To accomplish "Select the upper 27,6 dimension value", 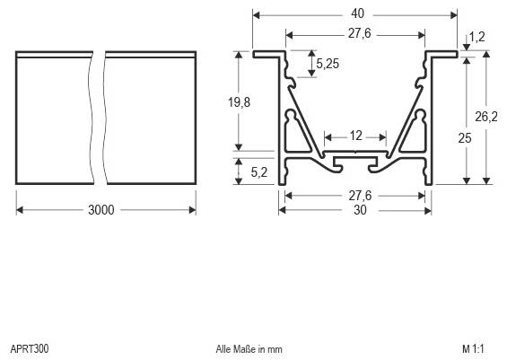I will coord(355,34).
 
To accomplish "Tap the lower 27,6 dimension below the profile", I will coord(355,194).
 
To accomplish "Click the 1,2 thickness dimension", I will coord(478,37).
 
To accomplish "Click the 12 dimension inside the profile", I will coord(355,136).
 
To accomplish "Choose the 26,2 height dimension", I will coord(485,116).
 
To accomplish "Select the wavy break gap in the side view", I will coord(97,117).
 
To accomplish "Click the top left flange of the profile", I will coord(268,55).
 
